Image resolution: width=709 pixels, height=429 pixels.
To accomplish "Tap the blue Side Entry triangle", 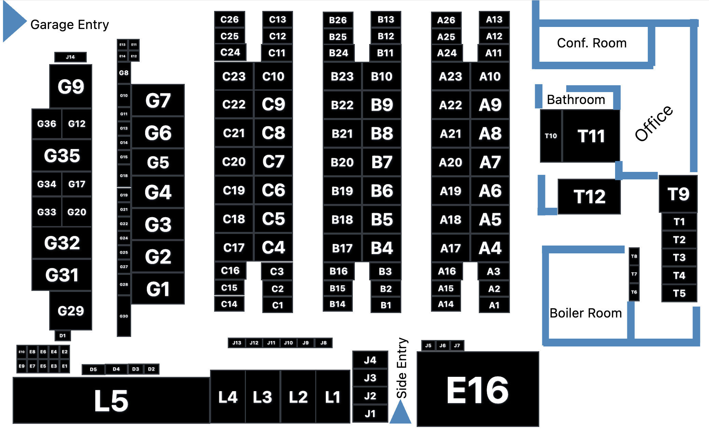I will coord(400,414).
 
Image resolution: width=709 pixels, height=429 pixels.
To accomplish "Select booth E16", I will coord(477,390).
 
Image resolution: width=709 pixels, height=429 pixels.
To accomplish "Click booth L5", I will coord(111,401).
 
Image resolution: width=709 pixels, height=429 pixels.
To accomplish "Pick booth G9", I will coord(71,86).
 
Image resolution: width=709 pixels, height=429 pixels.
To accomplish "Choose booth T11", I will coord(591,136).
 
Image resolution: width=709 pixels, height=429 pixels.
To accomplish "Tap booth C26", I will coord(230,19).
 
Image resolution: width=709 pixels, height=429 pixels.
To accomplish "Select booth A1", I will coord(494,305).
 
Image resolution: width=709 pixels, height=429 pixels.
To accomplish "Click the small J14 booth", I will coord(70,57).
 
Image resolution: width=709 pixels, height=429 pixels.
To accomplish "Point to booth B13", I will coord(386,19).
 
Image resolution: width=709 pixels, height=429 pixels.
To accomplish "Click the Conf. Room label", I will coord(592,43).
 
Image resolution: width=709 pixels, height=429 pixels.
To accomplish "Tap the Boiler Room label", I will coord(585,313).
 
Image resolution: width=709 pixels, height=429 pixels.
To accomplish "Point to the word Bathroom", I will coord(576,100).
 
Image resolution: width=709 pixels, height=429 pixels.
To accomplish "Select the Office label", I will coord(654,123).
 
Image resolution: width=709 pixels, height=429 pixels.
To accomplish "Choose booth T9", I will coord(678,194).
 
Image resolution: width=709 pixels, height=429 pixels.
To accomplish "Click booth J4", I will coord(370,360).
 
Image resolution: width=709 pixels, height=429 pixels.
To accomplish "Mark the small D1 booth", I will coord(62,336).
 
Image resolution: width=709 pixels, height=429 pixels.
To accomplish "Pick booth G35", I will coord(62,156).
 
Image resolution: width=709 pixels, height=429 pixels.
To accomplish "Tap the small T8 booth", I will coord(634,256).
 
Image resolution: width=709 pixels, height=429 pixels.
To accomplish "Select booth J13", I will coord(237,343).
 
